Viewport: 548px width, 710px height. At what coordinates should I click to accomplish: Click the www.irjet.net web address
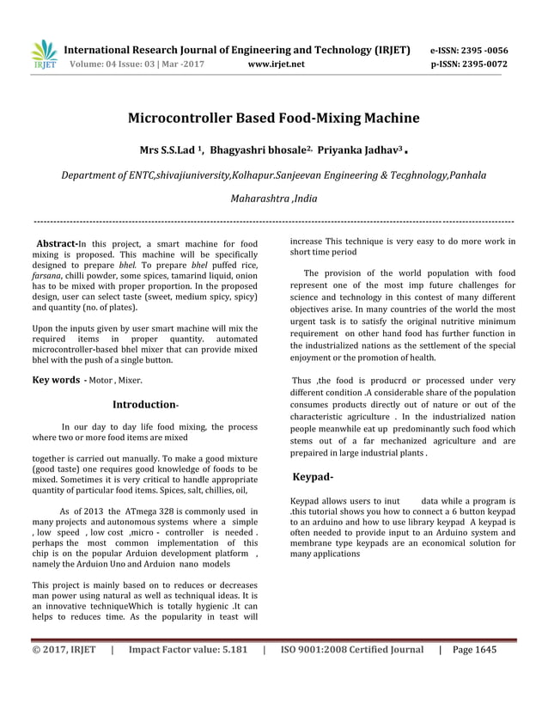[275, 64]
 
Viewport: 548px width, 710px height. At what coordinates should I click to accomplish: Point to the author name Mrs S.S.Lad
[168, 150]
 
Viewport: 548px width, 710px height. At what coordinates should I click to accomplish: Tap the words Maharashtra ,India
[273, 198]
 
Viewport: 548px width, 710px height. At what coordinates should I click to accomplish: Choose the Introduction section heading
[144, 404]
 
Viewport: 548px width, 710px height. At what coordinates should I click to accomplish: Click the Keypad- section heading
[314, 475]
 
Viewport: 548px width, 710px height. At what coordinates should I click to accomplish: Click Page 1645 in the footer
[473, 650]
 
